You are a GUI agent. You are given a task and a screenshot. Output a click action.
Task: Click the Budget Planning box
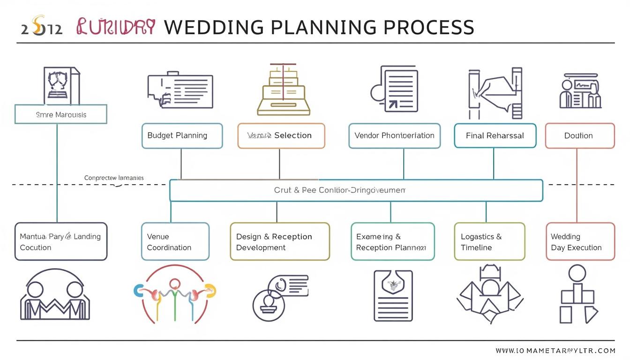[182, 136]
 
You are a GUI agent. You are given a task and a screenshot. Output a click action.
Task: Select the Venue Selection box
[281, 136]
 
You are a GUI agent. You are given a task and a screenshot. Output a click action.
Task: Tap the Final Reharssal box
[495, 136]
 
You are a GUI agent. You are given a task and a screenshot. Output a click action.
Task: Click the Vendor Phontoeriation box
[394, 136]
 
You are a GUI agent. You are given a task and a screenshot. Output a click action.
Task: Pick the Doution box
[579, 136]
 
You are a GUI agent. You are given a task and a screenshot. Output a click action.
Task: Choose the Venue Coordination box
[175, 242]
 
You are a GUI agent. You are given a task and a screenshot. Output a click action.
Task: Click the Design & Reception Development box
[279, 242]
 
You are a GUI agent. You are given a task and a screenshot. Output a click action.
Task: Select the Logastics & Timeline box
[489, 242]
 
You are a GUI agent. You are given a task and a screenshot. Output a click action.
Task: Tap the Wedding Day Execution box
[580, 242]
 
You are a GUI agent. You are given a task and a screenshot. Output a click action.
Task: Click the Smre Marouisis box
[61, 114]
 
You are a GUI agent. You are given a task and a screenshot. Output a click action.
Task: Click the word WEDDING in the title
[213, 28]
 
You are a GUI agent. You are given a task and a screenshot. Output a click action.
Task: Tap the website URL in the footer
[555, 350]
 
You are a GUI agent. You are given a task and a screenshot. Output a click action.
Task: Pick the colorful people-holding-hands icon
[174, 293]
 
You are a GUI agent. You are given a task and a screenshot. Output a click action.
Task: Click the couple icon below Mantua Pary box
[55, 295]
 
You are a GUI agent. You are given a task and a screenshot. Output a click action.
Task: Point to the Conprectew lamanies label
[114, 178]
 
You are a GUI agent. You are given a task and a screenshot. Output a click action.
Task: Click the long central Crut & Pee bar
[356, 190]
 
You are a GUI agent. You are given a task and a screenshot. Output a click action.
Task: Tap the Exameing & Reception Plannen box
[392, 242]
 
